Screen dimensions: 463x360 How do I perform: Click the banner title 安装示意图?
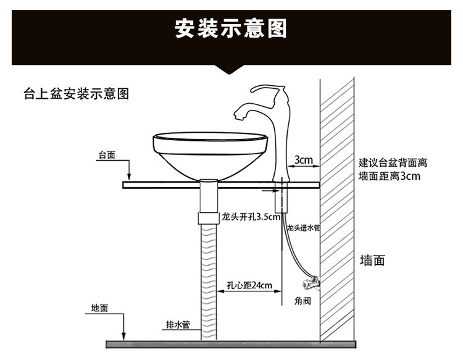[231, 28]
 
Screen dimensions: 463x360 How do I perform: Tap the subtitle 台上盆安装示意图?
[76, 94]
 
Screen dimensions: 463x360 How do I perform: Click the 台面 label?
[107, 156]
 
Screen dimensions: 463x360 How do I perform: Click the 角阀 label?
[302, 301]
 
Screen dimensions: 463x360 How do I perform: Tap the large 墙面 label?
[372, 261]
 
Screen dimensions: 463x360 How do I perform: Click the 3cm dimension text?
[304, 161]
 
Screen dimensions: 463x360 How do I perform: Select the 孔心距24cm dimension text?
[249, 285]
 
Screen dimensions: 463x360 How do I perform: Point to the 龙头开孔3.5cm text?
[251, 217]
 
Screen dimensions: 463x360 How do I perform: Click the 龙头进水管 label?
[303, 228]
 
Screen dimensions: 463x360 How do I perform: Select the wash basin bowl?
[209, 154]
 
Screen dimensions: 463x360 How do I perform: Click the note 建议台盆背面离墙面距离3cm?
[393, 170]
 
